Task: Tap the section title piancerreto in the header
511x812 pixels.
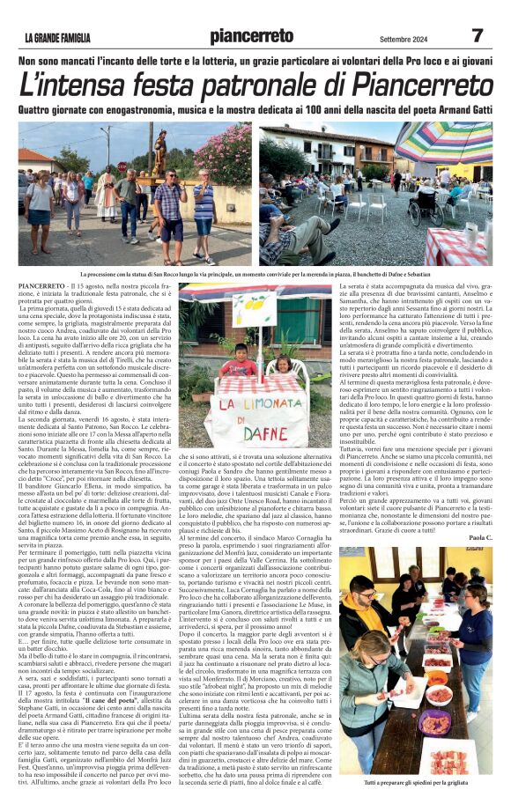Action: (254, 36)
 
